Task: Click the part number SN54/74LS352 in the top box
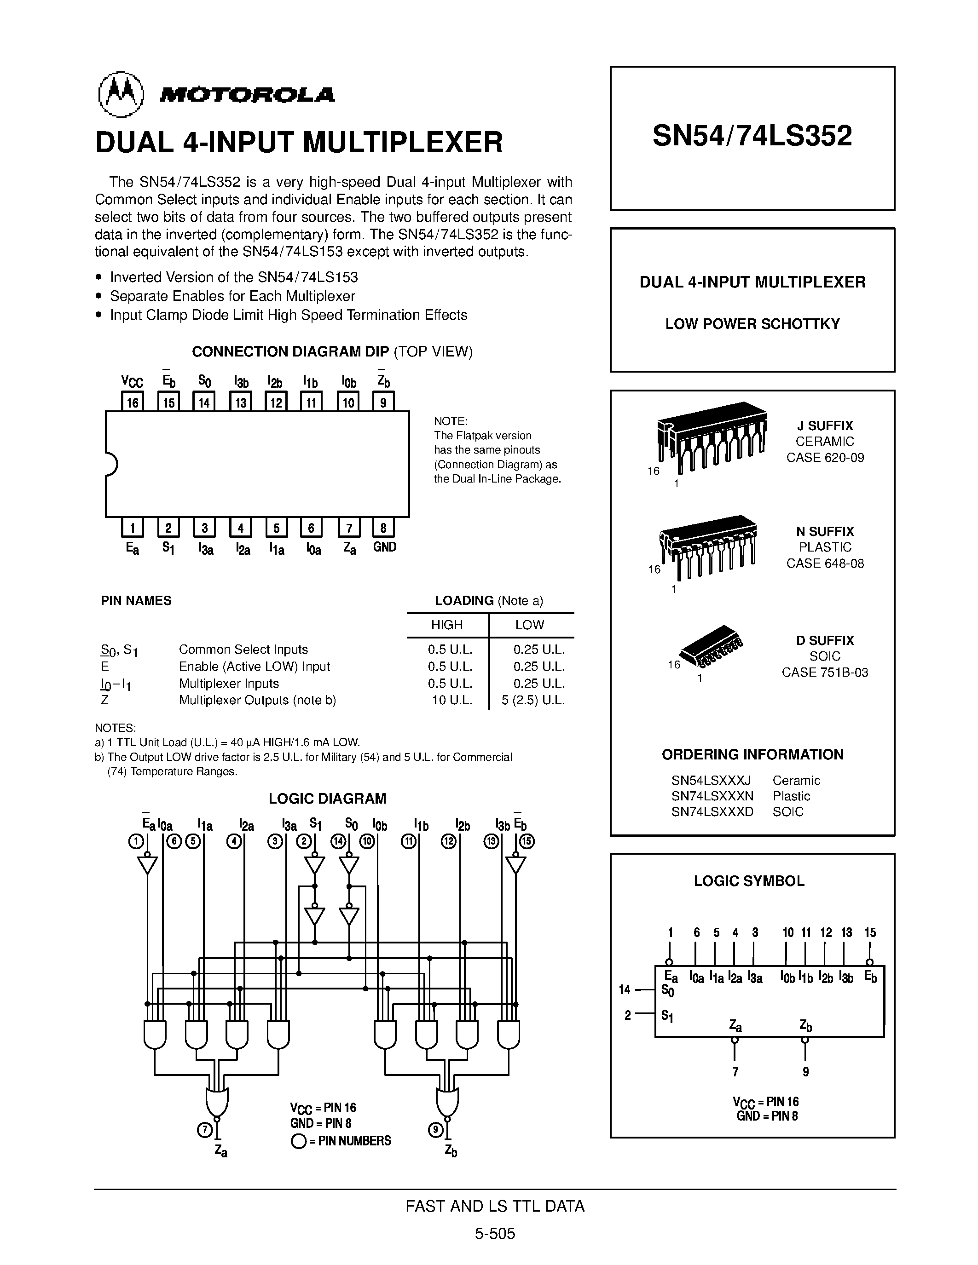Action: tap(752, 136)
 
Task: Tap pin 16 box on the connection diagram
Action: tap(133, 402)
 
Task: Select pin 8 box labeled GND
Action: tap(383, 527)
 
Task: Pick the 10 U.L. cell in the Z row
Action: tap(452, 700)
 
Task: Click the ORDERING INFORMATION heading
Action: tap(752, 754)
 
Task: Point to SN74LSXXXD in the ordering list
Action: tap(712, 811)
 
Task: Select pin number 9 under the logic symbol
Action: tap(805, 1071)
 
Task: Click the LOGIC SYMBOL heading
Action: tap(748, 881)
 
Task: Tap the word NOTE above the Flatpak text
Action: tap(450, 420)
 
